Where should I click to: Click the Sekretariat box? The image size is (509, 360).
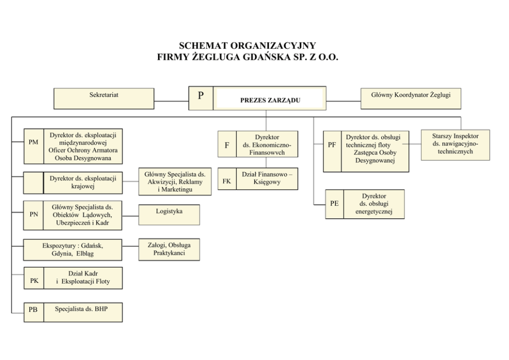tap(104, 99)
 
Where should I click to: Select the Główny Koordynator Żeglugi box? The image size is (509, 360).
tap(410, 99)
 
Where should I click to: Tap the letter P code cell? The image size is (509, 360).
tap(201, 98)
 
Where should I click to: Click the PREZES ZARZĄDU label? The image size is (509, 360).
tap(270, 100)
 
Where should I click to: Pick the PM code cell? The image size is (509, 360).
tap(34, 146)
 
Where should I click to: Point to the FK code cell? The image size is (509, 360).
tap(227, 179)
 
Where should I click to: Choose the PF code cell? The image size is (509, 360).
tap(332, 151)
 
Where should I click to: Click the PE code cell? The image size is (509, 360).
tap(335, 204)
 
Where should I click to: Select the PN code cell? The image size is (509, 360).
tap(33, 215)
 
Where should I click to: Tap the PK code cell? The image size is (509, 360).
tap(34, 278)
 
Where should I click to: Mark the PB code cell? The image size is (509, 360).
tap(34, 312)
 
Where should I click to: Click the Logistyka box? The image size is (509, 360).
tap(169, 215)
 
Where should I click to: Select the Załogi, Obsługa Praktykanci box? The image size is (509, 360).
tap(169, 250)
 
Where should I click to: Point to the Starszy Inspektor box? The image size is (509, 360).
tap(456, 145)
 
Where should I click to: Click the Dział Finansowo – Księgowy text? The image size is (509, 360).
tap(267, 178)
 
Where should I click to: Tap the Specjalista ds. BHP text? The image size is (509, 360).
tap(81, 309)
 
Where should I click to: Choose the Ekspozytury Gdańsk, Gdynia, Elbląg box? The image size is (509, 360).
tap(73, 250)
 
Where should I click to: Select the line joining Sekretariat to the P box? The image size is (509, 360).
tap(171, 101)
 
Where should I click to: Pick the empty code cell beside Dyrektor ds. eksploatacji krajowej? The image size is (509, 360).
tap(33, 183)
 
